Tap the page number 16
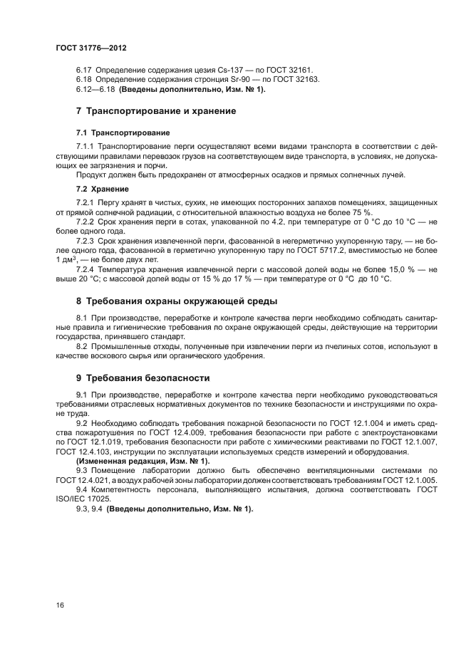point(60,605)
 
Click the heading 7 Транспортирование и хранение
point(155,111)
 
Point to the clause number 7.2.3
point(88,241)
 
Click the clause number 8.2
point(82,346)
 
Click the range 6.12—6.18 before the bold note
point(95,90)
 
